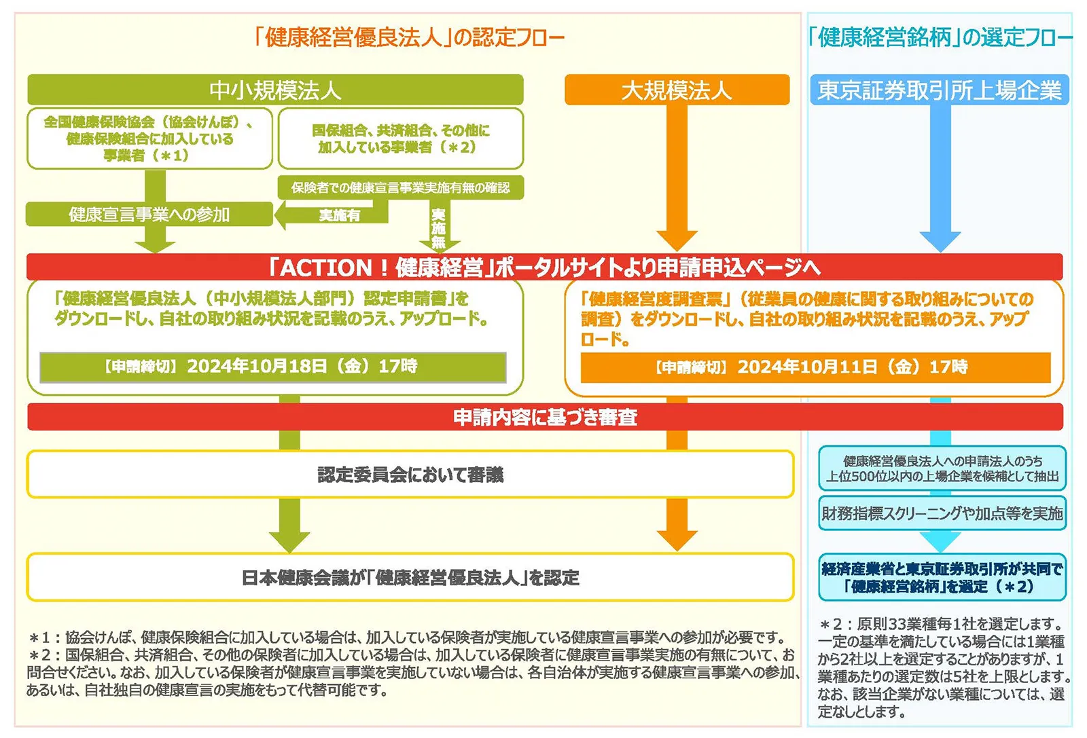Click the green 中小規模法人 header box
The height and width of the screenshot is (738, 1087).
pyautogui.click(x=275, y=90)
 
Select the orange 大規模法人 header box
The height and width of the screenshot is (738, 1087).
pyautogui.click(x=677, y=90)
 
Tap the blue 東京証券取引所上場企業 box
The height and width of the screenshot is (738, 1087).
pyautogui.click(x=940, y=90)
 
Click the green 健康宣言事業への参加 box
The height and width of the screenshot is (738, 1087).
pyautogui.click(x=149, y=215)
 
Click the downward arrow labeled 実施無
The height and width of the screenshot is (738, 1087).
pyautogui.click(x=439, y=228)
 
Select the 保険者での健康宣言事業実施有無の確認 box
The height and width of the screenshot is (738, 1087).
pyautogui.click(x=400, y=187)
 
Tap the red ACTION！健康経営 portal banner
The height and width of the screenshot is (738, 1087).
pyautogui.click(x=544, y=267)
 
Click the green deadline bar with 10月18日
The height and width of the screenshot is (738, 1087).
pyautogui.click(x=272, y=367)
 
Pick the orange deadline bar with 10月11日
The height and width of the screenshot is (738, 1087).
pyautogui.click(x=815, y=367)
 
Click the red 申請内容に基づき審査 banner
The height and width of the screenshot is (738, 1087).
pyautogui.click(x=545, y=417)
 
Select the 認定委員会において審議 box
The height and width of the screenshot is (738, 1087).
pyautogui.click(x=410, y=474)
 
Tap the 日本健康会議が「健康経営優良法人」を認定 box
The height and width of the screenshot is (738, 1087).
pyautogui.click(x=410, y=577)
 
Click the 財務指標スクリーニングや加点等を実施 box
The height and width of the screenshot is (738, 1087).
pyautogui.click(x=942, y=513)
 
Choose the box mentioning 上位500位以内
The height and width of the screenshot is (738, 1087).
pyautogui.click(x=942, y=468)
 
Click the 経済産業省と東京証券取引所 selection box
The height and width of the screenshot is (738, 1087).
pyautogui.click(x=942, y=577)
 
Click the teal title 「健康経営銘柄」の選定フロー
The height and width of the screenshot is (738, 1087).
pyautogui.click(x=940, y=37)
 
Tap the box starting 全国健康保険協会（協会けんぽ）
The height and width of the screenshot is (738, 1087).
pyautogui.click(x=149, y=139)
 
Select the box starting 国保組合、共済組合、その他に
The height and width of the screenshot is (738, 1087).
pyautogui.click(x=400, y=139)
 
